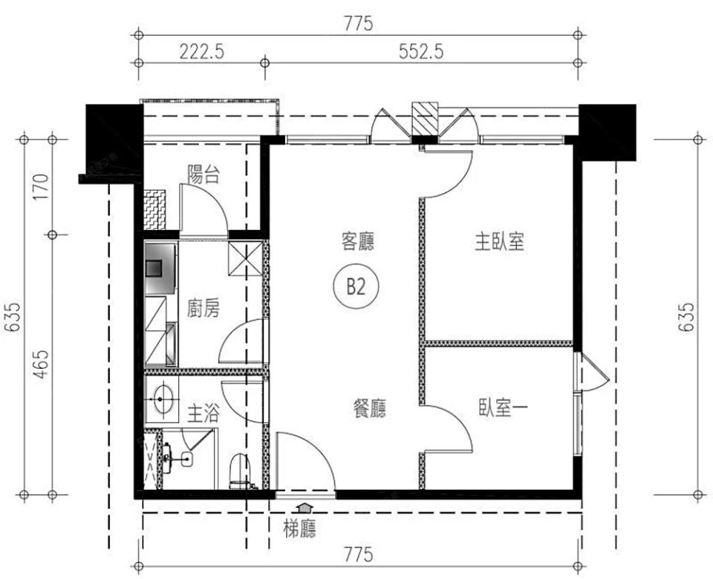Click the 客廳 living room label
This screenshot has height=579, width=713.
(356, 241)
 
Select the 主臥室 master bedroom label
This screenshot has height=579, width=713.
(500, 242)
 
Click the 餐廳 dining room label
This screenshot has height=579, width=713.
(368, 408)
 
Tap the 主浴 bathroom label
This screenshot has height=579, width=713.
(202, 413)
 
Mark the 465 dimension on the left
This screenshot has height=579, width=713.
(39, 364)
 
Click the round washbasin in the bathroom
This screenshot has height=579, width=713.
(161, 398)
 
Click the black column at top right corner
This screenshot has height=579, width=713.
(608, 131)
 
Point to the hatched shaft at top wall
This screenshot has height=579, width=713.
(425, 119)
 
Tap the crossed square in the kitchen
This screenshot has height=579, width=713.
(246, 258)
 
